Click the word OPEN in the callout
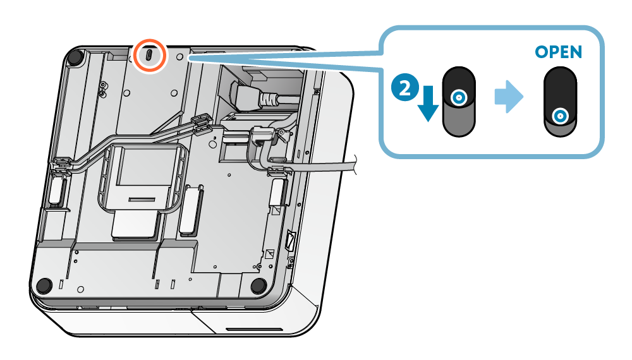[558, 51]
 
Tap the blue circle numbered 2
[404, 87]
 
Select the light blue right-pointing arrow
[509, 97]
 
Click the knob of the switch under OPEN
[559, 116]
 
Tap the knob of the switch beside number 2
[459, 97]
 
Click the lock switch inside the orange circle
[149, 56]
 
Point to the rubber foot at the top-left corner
[75, 57]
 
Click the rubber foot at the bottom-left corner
[44, 285]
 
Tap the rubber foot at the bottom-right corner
[258, 285]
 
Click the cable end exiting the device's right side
[354, 165]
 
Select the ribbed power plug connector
[269, 100]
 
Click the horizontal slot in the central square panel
[142, 200]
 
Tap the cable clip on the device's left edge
[61, 165]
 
